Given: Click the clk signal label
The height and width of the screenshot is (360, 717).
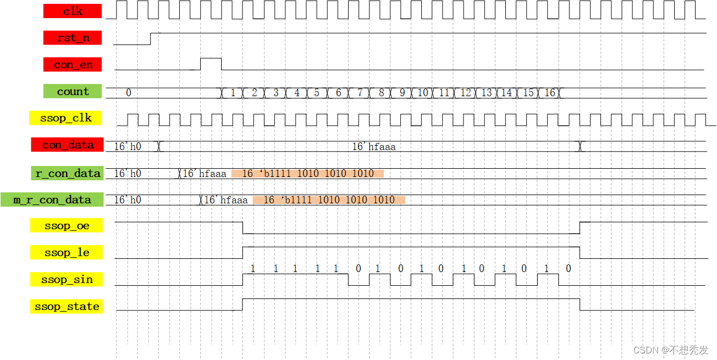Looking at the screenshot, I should [x=73, y=11].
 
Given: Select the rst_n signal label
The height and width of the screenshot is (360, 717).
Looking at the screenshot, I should [x=73, y=38].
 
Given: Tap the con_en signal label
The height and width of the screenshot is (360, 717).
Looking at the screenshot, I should [x=73, y=65].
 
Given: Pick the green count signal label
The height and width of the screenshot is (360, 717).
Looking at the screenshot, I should [x=73, y=91].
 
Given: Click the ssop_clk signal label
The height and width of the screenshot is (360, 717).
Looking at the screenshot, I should [x=66, y=118].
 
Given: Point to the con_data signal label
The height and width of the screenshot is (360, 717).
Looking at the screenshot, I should [x=68, y=145].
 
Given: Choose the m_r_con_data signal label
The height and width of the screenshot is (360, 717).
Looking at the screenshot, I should [x=52, y=200].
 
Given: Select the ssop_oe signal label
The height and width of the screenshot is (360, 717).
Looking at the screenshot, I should [x=66, y=226].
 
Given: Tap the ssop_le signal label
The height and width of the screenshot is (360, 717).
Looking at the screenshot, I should [x=66, y=253].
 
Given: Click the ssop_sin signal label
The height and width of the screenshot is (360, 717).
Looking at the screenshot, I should [x=66, y=280].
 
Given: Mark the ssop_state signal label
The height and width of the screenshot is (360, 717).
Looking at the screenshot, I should [x=66, y=307].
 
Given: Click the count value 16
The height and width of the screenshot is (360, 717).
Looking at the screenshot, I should [x=550, y=93].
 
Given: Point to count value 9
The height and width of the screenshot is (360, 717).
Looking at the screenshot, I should [x=402, y=93].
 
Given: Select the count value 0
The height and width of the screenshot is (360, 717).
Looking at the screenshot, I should [x=129, y=93].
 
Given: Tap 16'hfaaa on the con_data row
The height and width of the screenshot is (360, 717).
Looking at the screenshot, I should [x=373, y=147].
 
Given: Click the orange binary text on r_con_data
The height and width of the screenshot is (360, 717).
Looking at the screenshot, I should [x=307, y=174].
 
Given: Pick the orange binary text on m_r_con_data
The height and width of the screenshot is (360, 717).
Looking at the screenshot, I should [x=329, y=200].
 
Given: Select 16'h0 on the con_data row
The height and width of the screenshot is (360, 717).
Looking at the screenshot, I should [x=128, y=147].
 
